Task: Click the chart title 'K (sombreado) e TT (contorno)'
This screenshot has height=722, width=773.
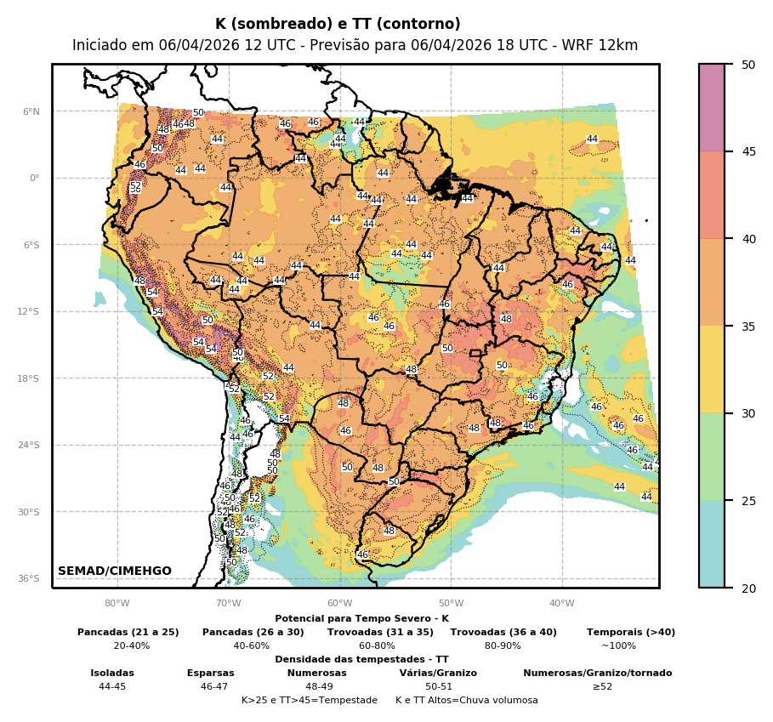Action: [x=338, y=25]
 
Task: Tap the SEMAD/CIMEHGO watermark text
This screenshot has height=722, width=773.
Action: [x=115, y=571]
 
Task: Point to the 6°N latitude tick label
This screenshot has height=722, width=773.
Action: [x=31, y=111]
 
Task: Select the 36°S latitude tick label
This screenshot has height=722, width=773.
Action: [x=29, y=578]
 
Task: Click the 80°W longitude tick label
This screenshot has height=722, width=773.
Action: [x=117, y=604]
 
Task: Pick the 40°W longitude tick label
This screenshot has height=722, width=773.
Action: [x=561, y=604]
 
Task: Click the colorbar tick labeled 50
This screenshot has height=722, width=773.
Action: [x=747, y=65]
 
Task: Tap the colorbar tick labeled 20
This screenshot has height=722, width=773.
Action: [x=747, y=588]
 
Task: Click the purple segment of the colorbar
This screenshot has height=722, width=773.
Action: [x=712, y=107]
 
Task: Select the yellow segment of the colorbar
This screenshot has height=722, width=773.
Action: [x=712, y=369]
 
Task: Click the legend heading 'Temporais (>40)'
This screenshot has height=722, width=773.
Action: [x=631, y=633]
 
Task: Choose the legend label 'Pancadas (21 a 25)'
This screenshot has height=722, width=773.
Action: [x=128, y=633]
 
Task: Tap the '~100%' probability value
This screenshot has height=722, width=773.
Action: [x=618, y=646]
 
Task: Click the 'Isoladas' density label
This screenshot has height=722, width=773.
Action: [x=112, y=674]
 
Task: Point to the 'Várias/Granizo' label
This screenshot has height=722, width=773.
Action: [x=438, y=674]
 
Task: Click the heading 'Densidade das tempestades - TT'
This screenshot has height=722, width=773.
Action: [x=361, y=660]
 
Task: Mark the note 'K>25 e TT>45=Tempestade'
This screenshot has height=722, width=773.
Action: [x=310, y=701]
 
